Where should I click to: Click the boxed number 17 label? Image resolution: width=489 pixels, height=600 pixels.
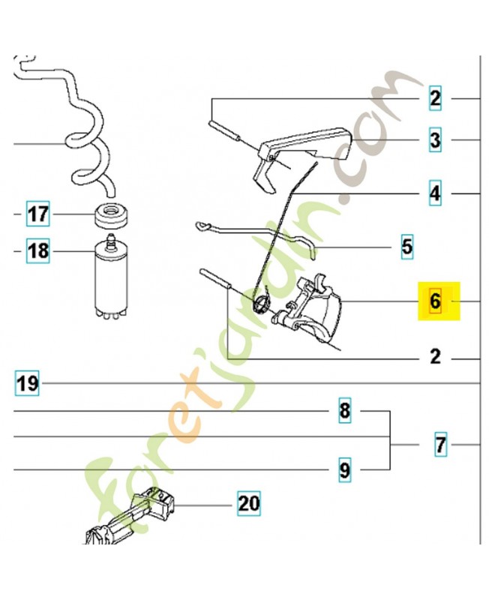tap(38, 215)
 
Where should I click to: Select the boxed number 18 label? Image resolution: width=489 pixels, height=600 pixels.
tap(38, 251)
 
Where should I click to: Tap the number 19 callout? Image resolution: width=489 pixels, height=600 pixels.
tap(27, 384)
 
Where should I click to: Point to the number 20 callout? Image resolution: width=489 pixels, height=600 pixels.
tap(248, 504)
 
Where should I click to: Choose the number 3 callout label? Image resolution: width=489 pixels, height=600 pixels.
tap(435, 139)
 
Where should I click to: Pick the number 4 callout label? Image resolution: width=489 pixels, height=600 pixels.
tap(435, 194)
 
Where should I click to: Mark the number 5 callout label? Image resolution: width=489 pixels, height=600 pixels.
tap(406, 246)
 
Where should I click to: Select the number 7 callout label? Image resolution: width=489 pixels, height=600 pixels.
tap(440, 445)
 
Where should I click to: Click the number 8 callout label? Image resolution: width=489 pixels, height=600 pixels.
tap(344, 412)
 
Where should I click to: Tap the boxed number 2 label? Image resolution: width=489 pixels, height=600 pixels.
tap(435, 98)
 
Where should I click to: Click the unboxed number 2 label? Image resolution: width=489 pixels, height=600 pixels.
tap(435, 356)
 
